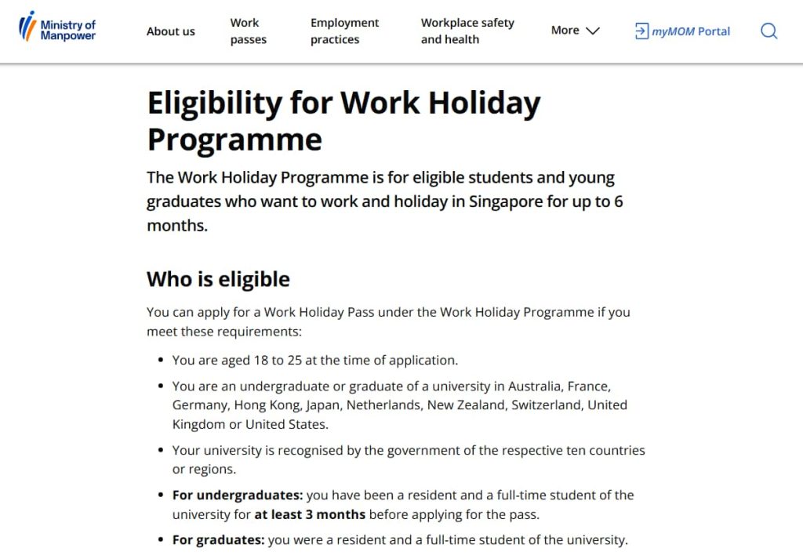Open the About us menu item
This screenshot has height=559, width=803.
click(x=170, y=31)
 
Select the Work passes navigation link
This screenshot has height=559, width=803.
click(x=248, y=31)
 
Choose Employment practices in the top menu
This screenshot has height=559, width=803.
click(x=344, y=31)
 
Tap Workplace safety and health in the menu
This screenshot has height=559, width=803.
click(x=467, y=31)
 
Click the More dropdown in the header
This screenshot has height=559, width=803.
click(x=575, y=31)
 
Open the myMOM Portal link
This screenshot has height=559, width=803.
click(x=682, y=31)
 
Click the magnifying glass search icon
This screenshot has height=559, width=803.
click(x=768, y=31)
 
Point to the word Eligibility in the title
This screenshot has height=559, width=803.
click(x=213, y=103)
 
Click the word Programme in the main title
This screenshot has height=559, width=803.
click(x=234, y=140)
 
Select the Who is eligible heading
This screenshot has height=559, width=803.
click(x=218, y=279)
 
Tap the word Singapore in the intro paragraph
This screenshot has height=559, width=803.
click(x=506, y=201)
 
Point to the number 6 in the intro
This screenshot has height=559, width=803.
click(x=618, y=201)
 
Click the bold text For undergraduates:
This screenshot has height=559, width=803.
click(x=238, y=495)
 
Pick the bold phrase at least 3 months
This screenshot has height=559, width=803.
click(x=310, y=515)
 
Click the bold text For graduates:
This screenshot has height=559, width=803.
click(x=219, y=540)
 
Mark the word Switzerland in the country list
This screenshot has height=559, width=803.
click(x=547, y=405)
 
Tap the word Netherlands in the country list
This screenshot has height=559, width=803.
click(x=383, y=405)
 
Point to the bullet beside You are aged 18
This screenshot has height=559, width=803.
click(x=161, y=361)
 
